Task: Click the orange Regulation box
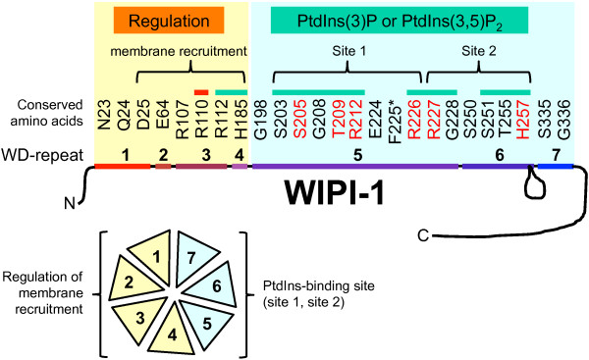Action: tap(169, 20)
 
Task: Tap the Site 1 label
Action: tap(348, 51)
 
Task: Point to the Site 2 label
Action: tap(479, 51)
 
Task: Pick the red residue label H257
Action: tap(523, 120)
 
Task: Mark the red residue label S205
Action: tap(300, 120)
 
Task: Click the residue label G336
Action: tap(563, 120)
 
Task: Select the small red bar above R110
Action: tap(201, 92)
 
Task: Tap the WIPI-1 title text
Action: tap(334, 192)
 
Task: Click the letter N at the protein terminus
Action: tap(70, 203)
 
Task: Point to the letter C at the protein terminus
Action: tap(423, 235)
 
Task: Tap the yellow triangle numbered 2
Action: tap(132, 280)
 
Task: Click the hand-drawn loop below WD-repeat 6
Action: tap(534, 184)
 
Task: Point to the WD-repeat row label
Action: tap(42, 155)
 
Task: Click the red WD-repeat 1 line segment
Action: tap(123, 167)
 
